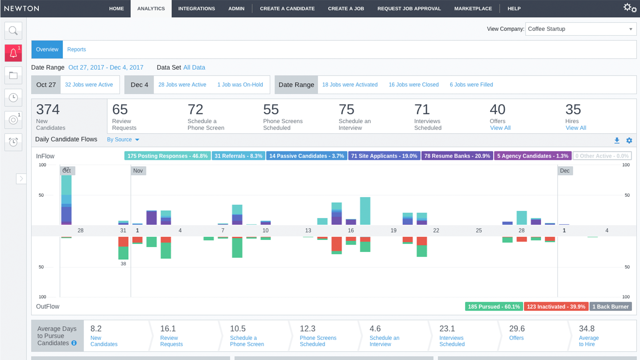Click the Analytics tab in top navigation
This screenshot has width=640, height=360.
coord(151,8)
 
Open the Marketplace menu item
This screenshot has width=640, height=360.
coord(473,8)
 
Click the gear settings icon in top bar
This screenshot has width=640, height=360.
coord(630,8)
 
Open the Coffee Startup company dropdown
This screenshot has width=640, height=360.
coord(580,29)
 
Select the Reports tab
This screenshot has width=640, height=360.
coord(76,50)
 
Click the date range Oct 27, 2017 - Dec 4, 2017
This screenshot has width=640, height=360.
coord(106,67)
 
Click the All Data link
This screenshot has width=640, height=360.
coord(194,67)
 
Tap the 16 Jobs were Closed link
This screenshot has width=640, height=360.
coord(414,85)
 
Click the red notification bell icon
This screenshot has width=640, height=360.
coord(13,53)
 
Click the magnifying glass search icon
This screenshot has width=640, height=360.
coord(13,30)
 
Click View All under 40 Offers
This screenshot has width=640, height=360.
coord(500,128)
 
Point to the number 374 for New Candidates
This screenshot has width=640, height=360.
coord(48,110)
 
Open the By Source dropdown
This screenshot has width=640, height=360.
coord(123,140)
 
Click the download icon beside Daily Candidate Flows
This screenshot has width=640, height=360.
coord(617,140)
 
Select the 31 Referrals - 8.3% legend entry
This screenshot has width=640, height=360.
coord(238,156)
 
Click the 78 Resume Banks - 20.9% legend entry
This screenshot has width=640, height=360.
coord(457,156)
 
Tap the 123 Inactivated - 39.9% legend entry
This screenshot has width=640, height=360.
coord(556,307)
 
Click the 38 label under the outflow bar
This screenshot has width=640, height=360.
coord(123,264)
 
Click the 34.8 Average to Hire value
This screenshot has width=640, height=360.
coord(586,329)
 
